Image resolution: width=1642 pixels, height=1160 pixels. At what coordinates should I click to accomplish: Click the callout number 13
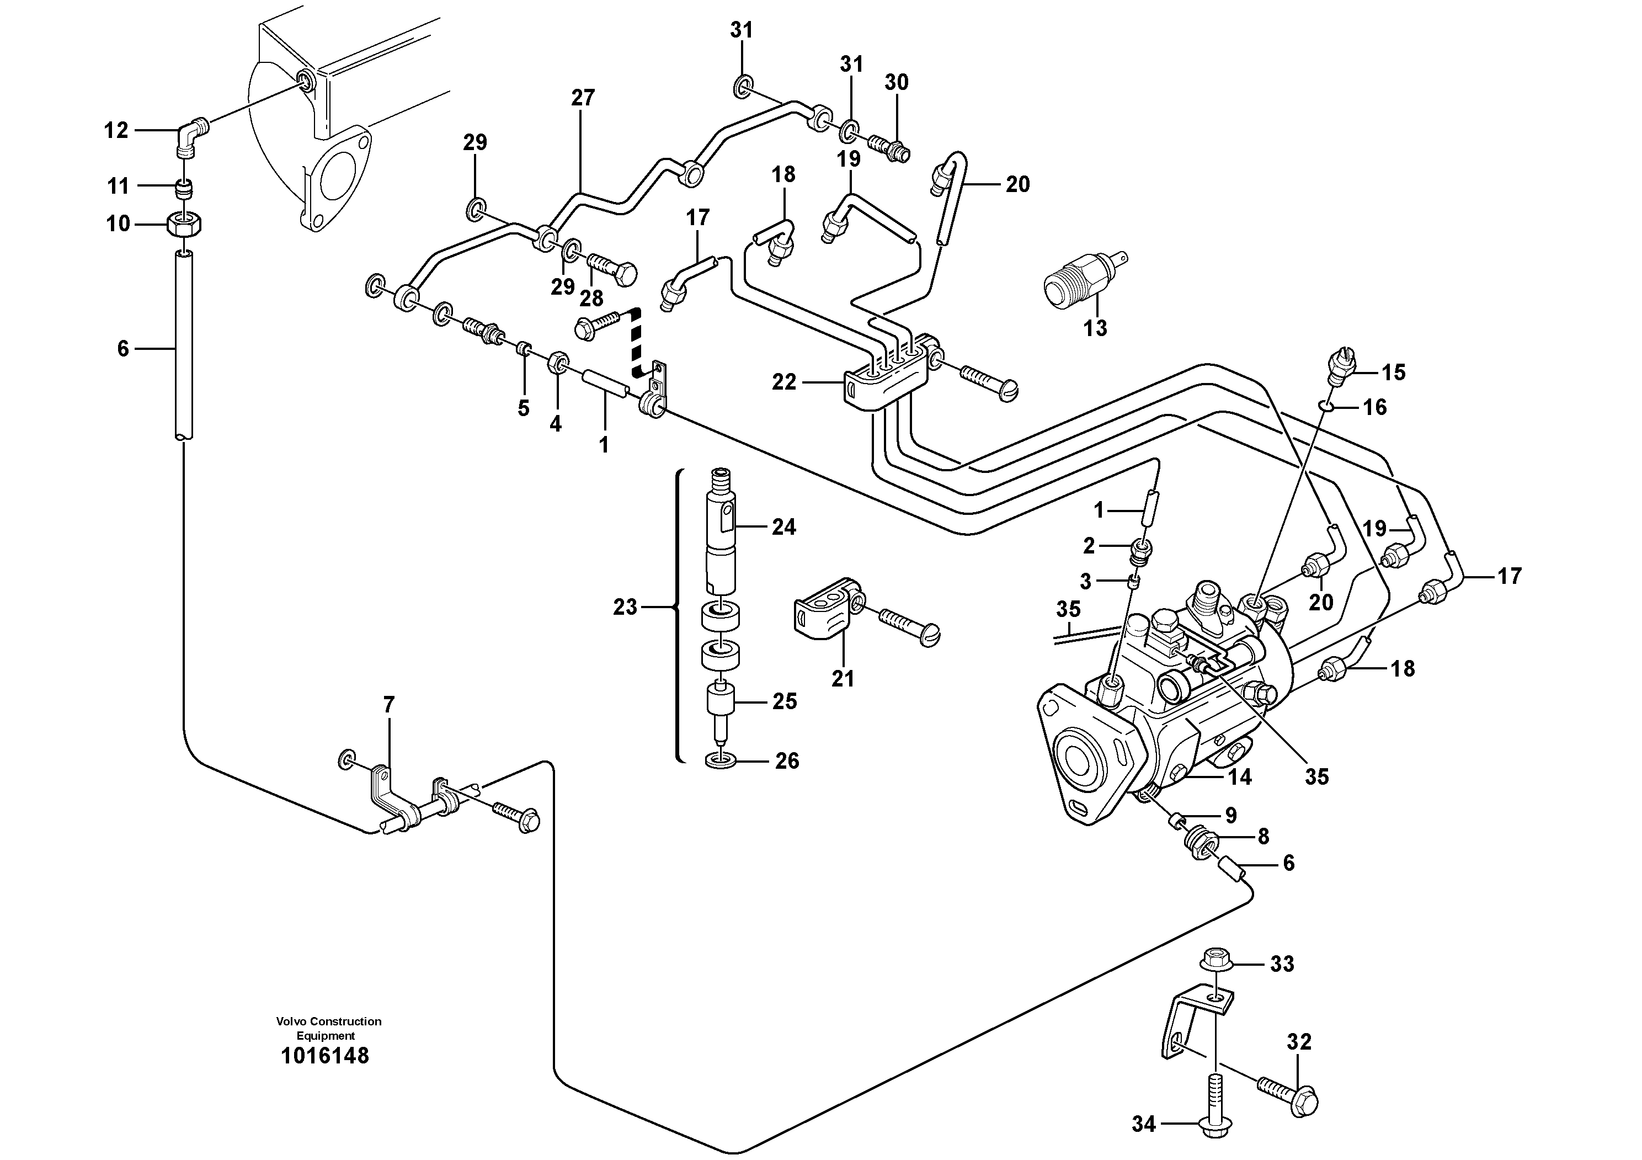click(1095, 328)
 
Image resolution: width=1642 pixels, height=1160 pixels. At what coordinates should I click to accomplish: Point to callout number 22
click(784, 382)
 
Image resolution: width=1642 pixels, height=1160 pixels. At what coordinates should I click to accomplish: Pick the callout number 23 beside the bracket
click(625, 607)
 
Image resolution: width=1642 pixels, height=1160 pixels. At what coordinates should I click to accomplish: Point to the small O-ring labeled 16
click(1325, 407)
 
